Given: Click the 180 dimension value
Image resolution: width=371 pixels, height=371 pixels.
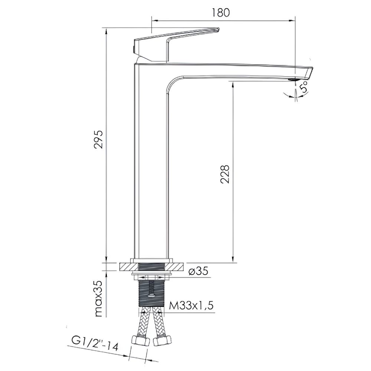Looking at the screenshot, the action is [220, 13].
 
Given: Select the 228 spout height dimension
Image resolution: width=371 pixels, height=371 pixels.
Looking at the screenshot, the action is [225, 174].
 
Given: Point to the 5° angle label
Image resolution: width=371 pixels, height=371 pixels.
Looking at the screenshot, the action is [303, 86].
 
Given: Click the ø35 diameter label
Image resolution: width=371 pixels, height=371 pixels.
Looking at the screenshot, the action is [198, 271].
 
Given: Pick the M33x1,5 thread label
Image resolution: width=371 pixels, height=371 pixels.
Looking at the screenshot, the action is [191, 305].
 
